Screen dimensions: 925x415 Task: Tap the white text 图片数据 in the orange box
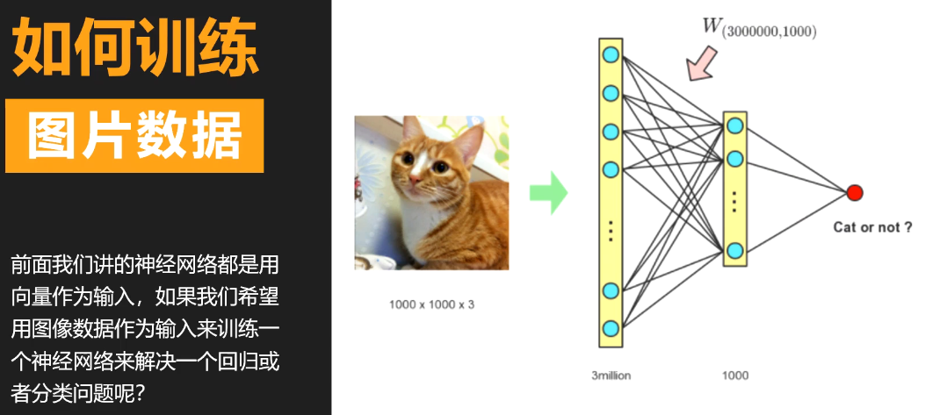[134, 136]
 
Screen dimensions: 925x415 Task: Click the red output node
[854, 193]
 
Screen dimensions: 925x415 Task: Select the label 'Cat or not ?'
[866, 227]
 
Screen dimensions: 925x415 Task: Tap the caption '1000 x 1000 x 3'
[431, 304]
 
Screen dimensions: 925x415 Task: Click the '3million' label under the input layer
[611, 375]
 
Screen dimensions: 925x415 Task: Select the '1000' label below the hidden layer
[734, 375]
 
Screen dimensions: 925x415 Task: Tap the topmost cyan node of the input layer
[611, 55]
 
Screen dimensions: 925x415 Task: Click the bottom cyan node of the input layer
[611, 329]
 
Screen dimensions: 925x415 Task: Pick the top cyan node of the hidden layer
[735, 126]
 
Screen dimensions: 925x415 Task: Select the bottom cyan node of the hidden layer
[735, 251]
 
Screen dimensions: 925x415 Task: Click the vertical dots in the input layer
[611, 230]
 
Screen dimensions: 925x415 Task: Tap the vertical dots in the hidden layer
[735, 202]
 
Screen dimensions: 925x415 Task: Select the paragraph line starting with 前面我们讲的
[145, 264]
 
